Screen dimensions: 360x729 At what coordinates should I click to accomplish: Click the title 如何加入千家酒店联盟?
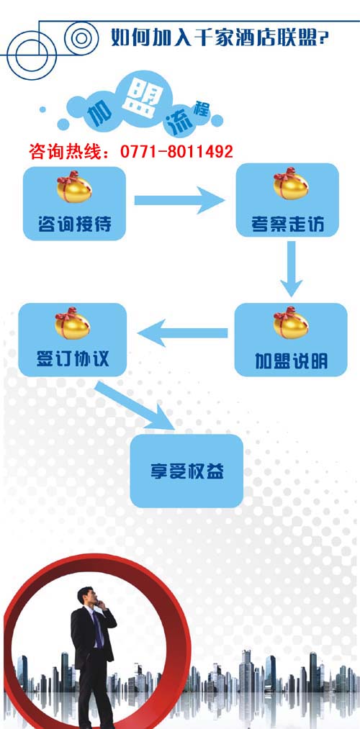click(x=220, y=37)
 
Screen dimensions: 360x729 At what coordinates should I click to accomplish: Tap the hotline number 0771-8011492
click(x=176, y=152)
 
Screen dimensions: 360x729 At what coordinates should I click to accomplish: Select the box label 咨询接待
click(x=74, y=224)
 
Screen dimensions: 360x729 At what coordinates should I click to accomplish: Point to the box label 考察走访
click(x=287, y=225)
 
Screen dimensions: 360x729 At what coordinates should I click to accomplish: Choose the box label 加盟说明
click(x=291, y=361)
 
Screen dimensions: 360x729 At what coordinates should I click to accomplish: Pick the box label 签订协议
click(x=73, y=358)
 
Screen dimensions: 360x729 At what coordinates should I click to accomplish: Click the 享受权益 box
click(x=186, y=471)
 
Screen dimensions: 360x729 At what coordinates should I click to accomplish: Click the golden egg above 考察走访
click(x=291, y=184)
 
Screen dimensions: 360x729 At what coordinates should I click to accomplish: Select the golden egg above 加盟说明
click(x=291, y=322)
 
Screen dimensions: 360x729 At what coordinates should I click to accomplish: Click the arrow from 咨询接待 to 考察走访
click(x=179, y=200)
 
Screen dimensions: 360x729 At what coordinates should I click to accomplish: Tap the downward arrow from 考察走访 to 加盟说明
click(x=292, y=268)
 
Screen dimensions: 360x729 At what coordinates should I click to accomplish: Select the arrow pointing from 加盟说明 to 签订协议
click(x=182, y=333)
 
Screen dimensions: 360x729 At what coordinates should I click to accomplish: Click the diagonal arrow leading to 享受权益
click(x=135, y=405)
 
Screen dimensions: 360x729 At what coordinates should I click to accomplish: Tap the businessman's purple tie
click(x=97, y=629)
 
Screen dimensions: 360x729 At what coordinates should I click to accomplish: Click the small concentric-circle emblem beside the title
click(x=81, y=38)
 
